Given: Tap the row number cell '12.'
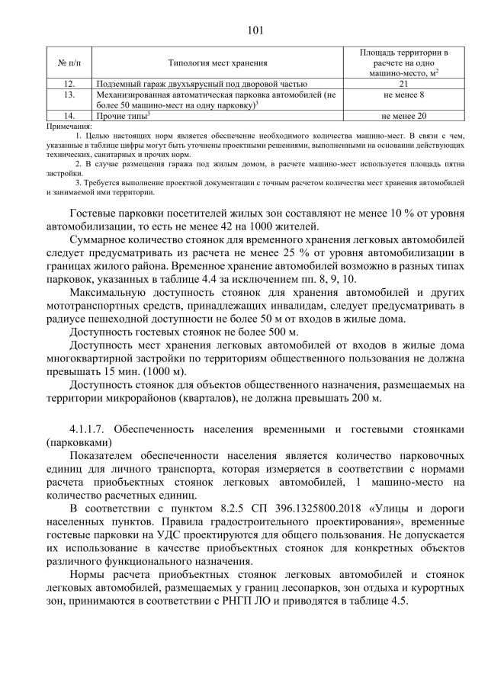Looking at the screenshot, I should click(x=69, y=83).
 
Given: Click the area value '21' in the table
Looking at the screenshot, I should click(x=403, y=83).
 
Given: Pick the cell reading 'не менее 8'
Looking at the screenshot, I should click(x=403, y=94).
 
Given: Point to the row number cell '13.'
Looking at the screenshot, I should click(x=69, y=94).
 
